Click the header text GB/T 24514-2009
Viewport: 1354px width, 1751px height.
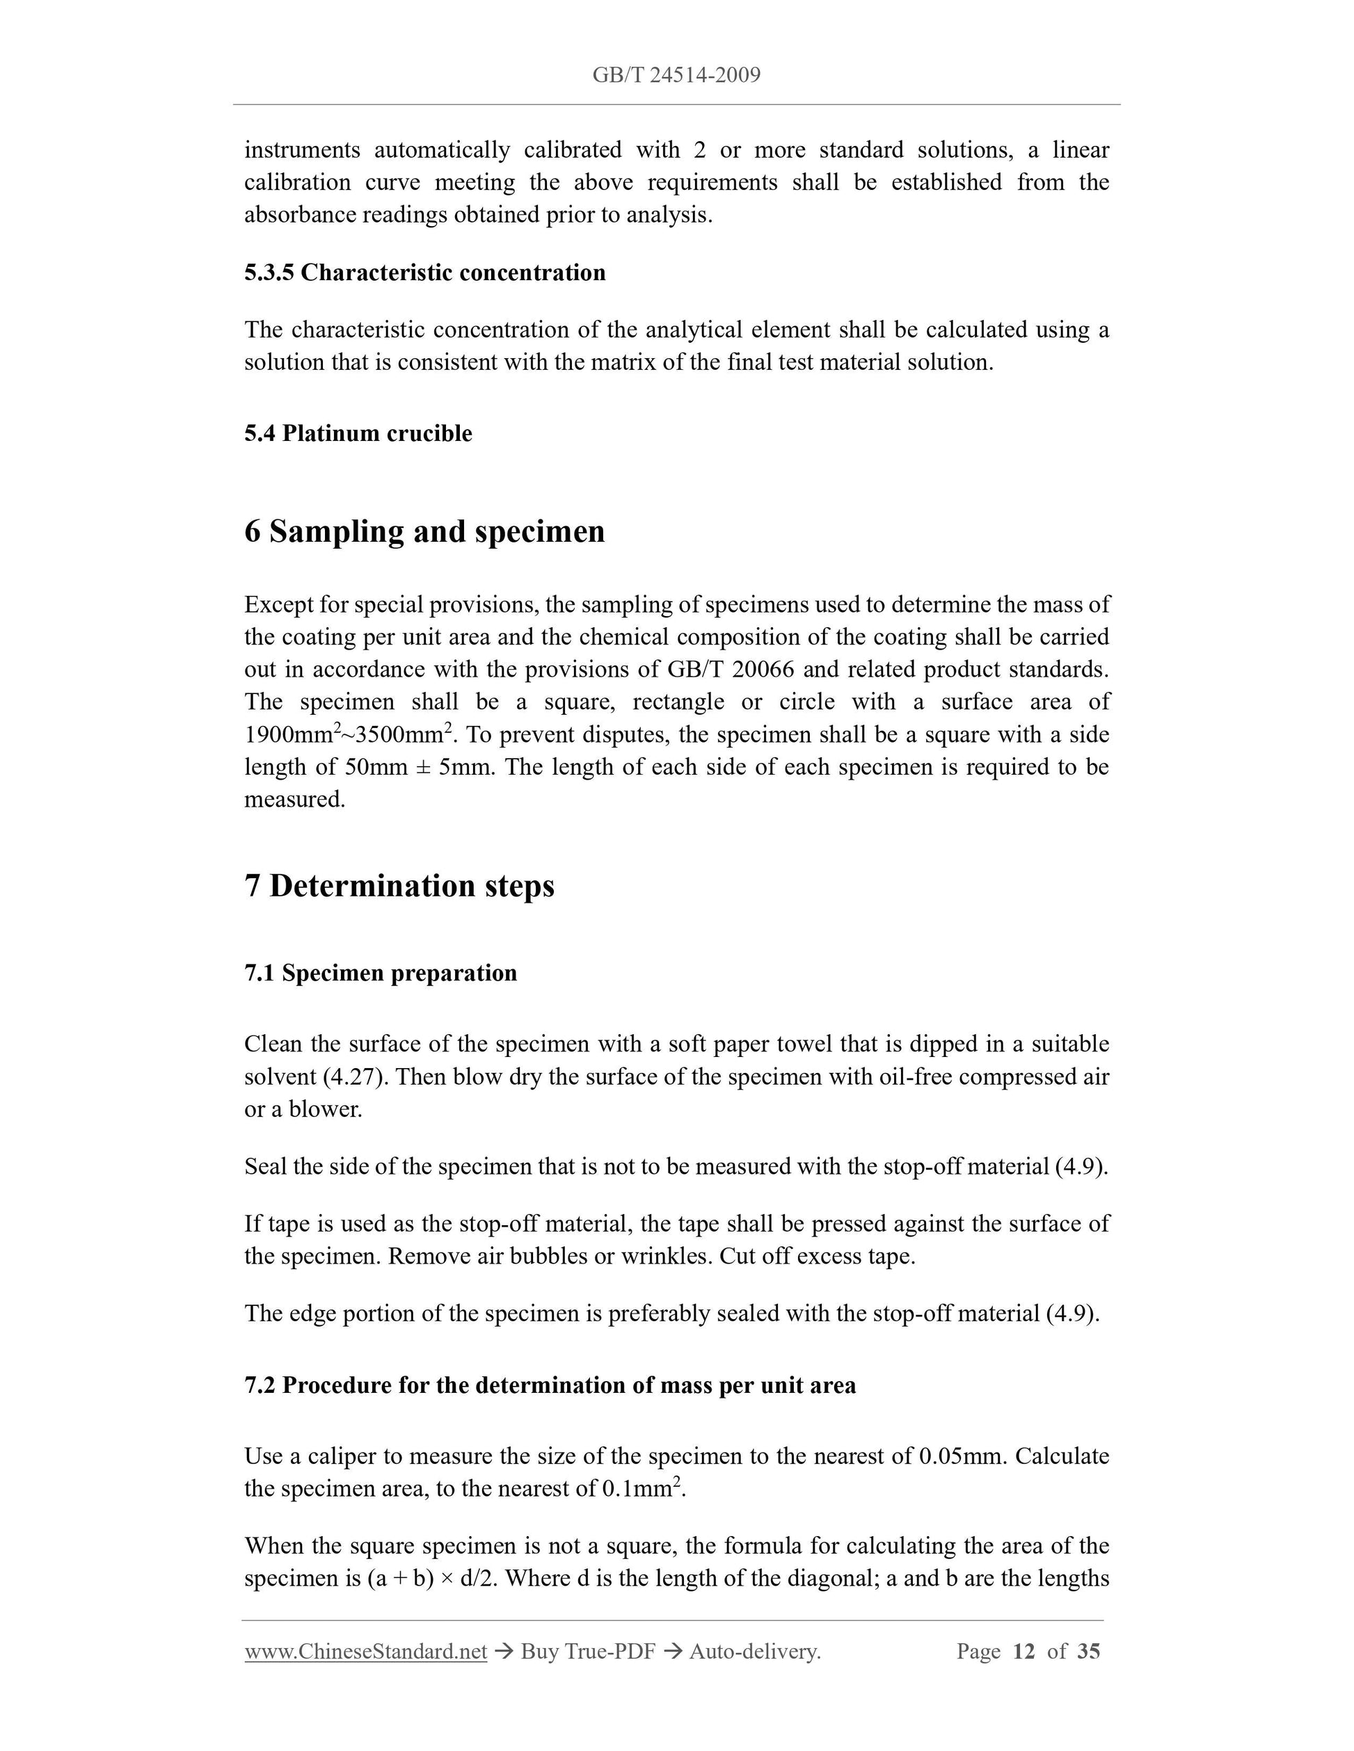click(x=676, y=75)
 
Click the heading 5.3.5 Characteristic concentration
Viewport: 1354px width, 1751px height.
click(x=424, y=273)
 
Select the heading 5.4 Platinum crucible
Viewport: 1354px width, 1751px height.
click(x=358, y=434)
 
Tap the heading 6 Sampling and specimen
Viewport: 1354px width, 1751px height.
click(x=424, y=531)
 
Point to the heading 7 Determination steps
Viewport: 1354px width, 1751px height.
click(x=399, y=886)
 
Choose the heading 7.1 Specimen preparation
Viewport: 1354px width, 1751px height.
click(x=380, y=974)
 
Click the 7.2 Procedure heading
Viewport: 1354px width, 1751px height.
click(x=550, y=1385)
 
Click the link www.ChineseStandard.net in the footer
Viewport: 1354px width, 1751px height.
click(x=366, y=1652)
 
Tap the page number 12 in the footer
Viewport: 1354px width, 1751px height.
click(x=1024, y=1652)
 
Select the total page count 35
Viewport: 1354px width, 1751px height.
click(x=1088, y=1652)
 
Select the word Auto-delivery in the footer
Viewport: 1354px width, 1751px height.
click(x=754, y=1652)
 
